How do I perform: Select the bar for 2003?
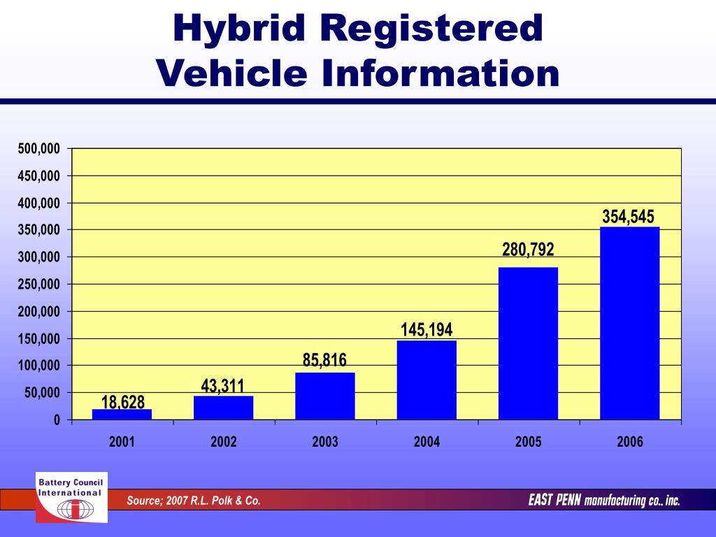(324, 396)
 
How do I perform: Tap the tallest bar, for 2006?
(629, 323)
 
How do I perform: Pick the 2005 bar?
(528, 343)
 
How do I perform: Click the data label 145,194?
(427, 329)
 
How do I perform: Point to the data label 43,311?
(223, 385)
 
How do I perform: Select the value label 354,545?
(629, 216)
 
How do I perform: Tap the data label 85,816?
(324, 361)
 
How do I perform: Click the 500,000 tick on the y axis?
(39, 148)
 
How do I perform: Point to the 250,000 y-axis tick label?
(39, 284)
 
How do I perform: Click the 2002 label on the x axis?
(223, 442)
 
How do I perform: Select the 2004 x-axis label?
(427, 442)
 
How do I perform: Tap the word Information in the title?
(441, 73)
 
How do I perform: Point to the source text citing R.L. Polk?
(193, 501)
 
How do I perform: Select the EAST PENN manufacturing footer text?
(603, 501)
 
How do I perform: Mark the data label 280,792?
(528, 249)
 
